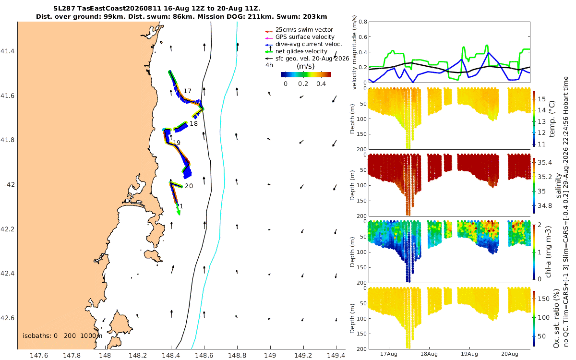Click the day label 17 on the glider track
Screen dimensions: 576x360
pos(187,91)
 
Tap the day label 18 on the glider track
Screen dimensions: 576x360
pos(193,124)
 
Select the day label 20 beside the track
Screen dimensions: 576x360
pos(189,186)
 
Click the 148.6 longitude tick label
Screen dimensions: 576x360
pos(204,355)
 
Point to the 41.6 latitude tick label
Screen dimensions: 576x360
pos(8,96)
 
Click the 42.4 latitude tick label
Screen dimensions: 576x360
pos(8,273)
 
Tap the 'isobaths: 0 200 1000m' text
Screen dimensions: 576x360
pos(62,336)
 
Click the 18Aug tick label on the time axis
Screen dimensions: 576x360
pos(429,354)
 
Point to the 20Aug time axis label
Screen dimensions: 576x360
pos(510,354)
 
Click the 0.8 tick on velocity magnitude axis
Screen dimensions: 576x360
pos(363,22)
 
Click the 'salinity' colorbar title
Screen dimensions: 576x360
pos(559,186)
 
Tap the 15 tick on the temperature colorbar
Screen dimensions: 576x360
pos(542,99)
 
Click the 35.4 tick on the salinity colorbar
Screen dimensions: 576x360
pos(545,163)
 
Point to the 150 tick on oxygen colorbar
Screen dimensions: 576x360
pos(543,299)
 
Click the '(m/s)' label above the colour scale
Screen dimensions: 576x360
pos(305,66)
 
